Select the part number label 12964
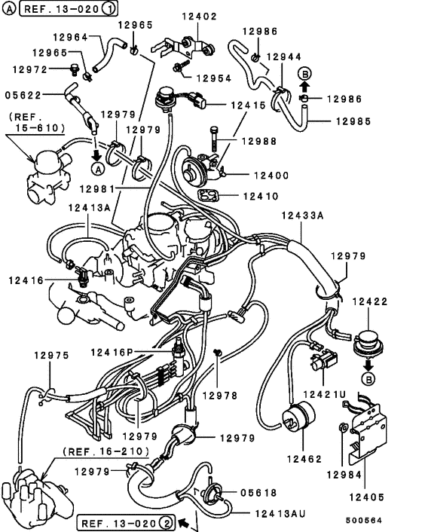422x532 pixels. (x=70, y=35)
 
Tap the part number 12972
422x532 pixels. (x=30, y=69)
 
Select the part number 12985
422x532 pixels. (x=354, y=120)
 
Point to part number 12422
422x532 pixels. (x=369, y=301)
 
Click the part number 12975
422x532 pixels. (x=50, y=354)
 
